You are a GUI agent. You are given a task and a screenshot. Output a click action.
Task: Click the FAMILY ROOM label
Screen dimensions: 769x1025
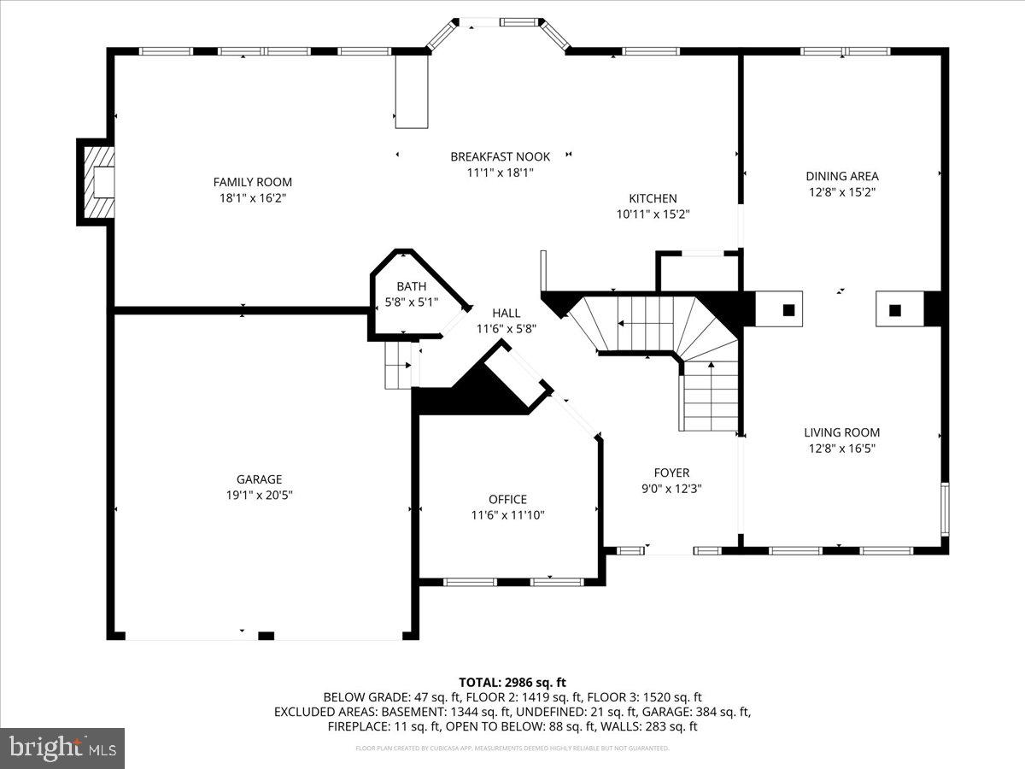(x=252, y=182)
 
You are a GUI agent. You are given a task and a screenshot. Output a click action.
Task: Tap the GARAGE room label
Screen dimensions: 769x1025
(x=259, y=479)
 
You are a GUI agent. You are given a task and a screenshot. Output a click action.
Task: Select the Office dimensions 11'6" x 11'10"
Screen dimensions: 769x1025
(x=507, y=514)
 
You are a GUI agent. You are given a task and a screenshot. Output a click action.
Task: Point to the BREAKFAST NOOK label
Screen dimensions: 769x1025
(x=500, y=156)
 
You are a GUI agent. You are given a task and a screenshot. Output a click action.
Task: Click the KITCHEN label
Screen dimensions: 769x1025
(x=653, y=198)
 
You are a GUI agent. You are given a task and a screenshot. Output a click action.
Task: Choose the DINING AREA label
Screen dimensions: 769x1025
(x=841, y=177)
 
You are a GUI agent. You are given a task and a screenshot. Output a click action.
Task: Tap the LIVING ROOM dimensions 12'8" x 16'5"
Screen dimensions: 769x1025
(x=841, y=448)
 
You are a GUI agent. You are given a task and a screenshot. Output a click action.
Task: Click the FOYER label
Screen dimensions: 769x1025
(x=671, y=473)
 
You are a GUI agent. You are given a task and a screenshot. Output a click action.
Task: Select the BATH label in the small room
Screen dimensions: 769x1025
(x=411, y=286)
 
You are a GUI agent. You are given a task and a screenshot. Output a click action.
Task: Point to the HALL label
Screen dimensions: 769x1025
(x=506, y=314)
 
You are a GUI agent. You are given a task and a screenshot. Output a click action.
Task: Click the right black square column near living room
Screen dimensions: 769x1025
(x=894, y=310)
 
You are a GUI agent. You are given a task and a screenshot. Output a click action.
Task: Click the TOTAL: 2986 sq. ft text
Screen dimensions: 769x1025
(x=512, y=682)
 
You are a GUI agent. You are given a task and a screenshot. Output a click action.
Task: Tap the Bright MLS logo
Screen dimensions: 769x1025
(x=62, y=748)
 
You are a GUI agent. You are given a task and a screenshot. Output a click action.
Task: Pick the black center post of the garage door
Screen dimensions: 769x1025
(x=266, y=635)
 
